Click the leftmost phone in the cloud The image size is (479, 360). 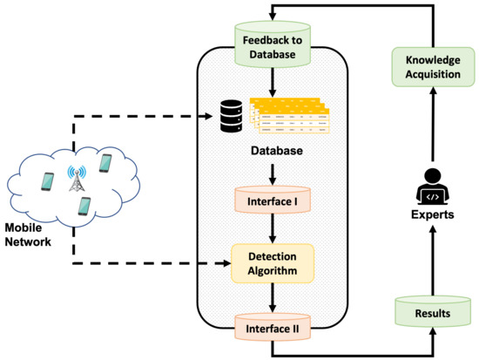(x=48, y=180)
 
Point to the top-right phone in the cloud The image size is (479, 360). (x=106, y=164)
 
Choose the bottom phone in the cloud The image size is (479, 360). (x=84, y=206)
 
